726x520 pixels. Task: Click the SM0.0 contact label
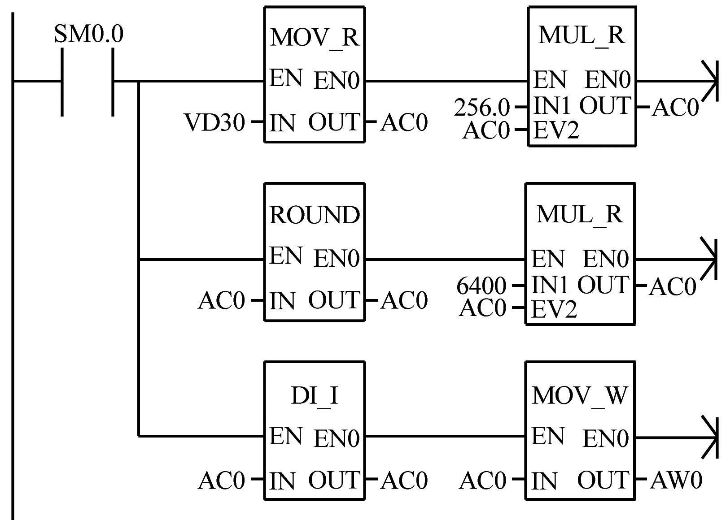[x=88, y=34]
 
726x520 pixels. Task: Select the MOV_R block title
[x=315, y=37]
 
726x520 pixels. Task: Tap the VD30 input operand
[x=215, y=122]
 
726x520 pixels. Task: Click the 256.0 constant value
[x=482, y=108]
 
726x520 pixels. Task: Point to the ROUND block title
[x=315, y=215]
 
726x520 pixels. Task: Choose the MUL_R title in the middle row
[x=580, y=214]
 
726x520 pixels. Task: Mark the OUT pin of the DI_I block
[x=334, y=480]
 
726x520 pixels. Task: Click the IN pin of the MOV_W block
[x=544, y=482]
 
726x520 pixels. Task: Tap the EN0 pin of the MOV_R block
[x=337, y=81]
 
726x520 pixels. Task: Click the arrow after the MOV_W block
[x=708, y=437]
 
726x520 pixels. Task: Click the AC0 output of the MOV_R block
[x=404, y=122]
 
